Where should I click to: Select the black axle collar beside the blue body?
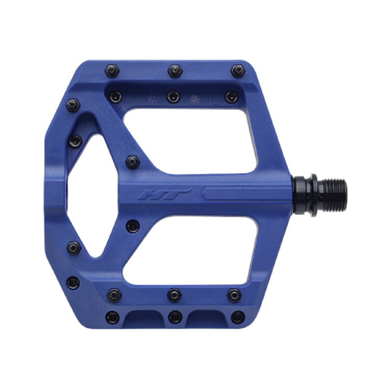click(x=303, y=195)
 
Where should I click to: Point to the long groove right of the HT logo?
click(x=246, y=193)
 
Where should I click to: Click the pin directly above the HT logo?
click(x=133, y=162)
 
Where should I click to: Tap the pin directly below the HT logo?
click(x=133, y=226)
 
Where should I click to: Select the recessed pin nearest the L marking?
click(x=231, y=97)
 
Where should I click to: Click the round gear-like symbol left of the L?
click(x=195, y=98)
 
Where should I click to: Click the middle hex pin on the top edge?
click(x=175, y=70)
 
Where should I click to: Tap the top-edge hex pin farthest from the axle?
click(x=112, y=70)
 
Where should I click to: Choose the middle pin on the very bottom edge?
click(x=175, y=317)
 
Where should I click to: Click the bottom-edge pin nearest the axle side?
click(x=238, y=317)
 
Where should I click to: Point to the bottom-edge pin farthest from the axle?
click(x=112, y=317)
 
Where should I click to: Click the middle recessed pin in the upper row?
click(x=174, y=97)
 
